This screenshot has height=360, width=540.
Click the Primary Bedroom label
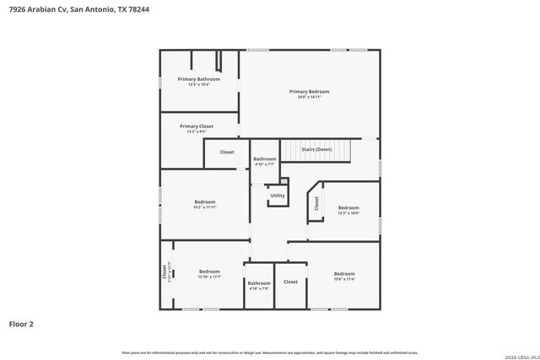309,91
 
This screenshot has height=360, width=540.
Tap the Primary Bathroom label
198,79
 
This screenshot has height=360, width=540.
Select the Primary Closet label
196,126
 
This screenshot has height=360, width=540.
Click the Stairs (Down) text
316,149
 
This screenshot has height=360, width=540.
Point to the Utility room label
278,196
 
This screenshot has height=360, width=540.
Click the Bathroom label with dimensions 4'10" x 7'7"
264,159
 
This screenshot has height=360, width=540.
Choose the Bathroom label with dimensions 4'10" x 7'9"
259,283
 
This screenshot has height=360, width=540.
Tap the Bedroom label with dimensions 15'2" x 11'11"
205,201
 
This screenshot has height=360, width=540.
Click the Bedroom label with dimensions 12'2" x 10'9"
348,207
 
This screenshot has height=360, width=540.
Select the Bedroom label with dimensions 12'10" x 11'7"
209,271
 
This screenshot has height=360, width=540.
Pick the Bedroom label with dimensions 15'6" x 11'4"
343,274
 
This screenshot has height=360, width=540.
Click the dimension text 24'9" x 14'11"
309,97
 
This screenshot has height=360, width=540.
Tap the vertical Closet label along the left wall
165,272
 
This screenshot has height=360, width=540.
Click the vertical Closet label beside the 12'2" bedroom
316,203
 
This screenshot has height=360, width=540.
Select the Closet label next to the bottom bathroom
290,282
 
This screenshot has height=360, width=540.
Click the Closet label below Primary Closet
227,152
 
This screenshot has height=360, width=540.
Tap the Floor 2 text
21,323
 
